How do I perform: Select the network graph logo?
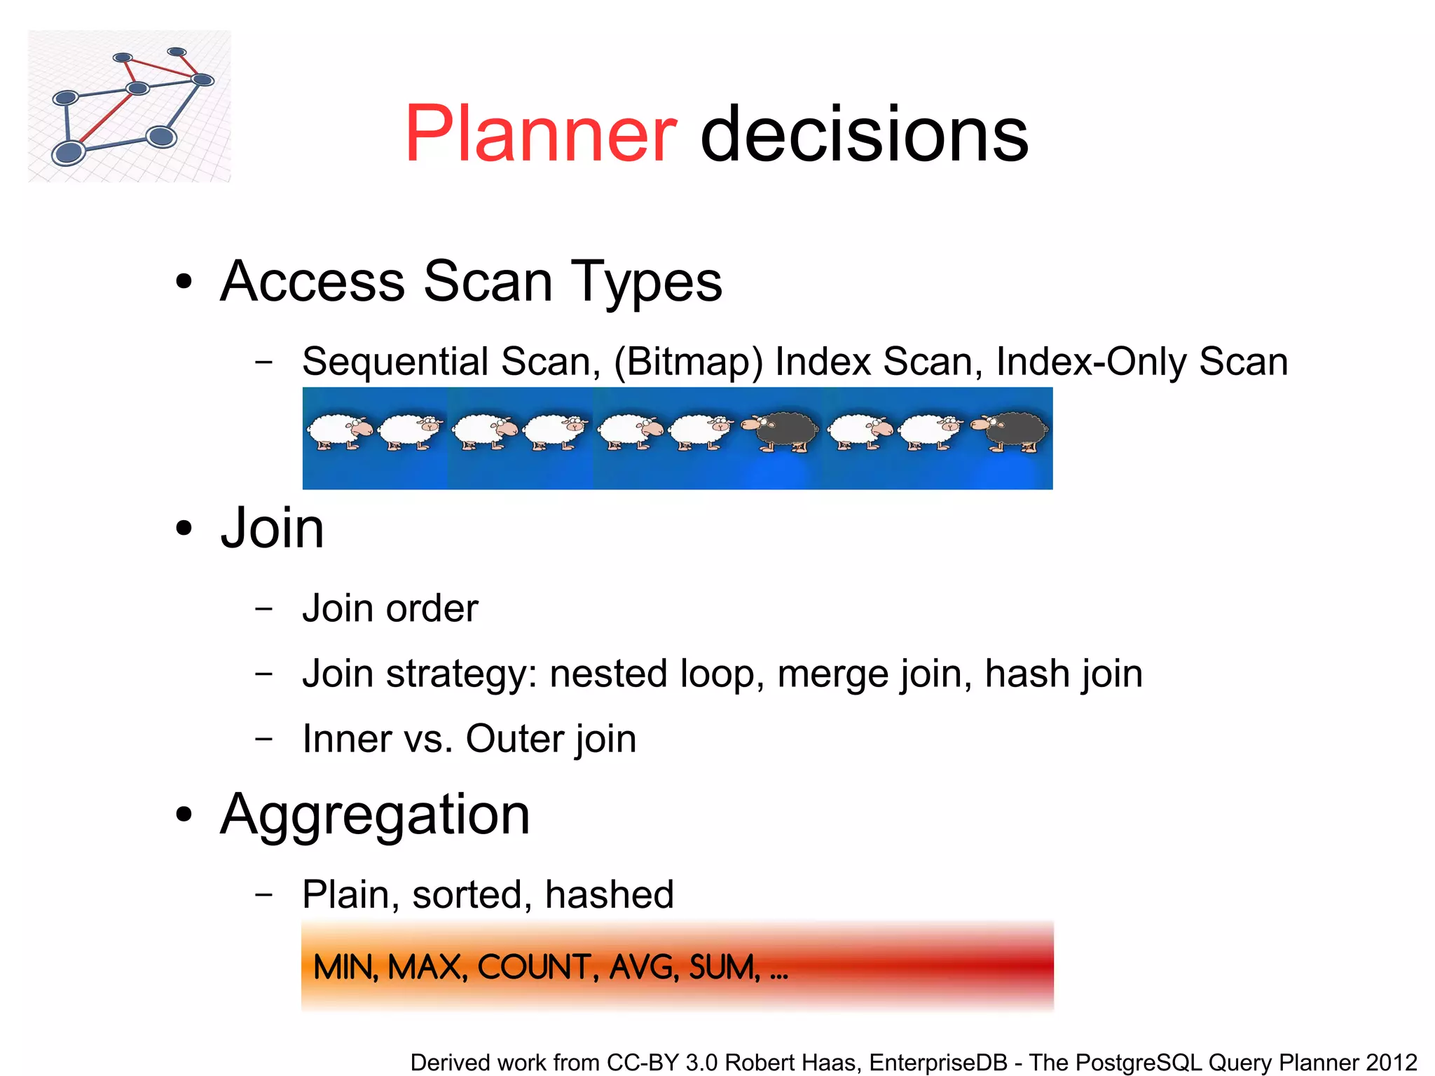130,106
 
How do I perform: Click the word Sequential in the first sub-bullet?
395,362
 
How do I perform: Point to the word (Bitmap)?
688,362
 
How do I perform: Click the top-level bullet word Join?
272,529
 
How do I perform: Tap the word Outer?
514,739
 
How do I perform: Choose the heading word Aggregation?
375,815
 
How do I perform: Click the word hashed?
609,894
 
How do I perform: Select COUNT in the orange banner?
537,967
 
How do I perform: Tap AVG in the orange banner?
644,967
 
